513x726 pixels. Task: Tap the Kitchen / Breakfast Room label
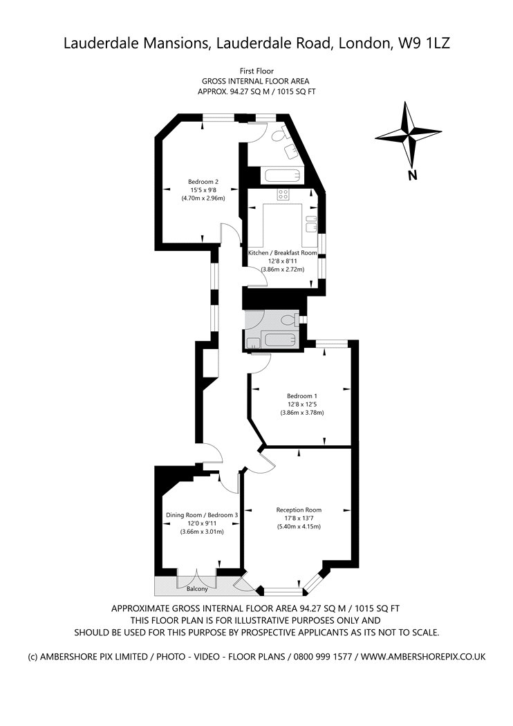tap(283, 253)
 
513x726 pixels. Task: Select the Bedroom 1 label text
tap(302, 396)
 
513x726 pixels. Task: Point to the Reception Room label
tap(299, 510)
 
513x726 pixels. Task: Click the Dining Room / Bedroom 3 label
tap(202, 515)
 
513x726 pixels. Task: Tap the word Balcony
tap(197, 589)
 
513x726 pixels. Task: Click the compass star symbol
tap(409, 136)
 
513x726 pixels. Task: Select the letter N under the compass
tap(412, 176)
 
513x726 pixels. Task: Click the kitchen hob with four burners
tap(283, 194)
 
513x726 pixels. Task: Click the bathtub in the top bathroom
tap(283, 176)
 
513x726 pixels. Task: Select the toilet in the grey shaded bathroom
tap(292, 319)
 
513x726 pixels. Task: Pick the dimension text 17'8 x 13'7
tap(299, 518)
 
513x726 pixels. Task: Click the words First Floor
tap(256, 71)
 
